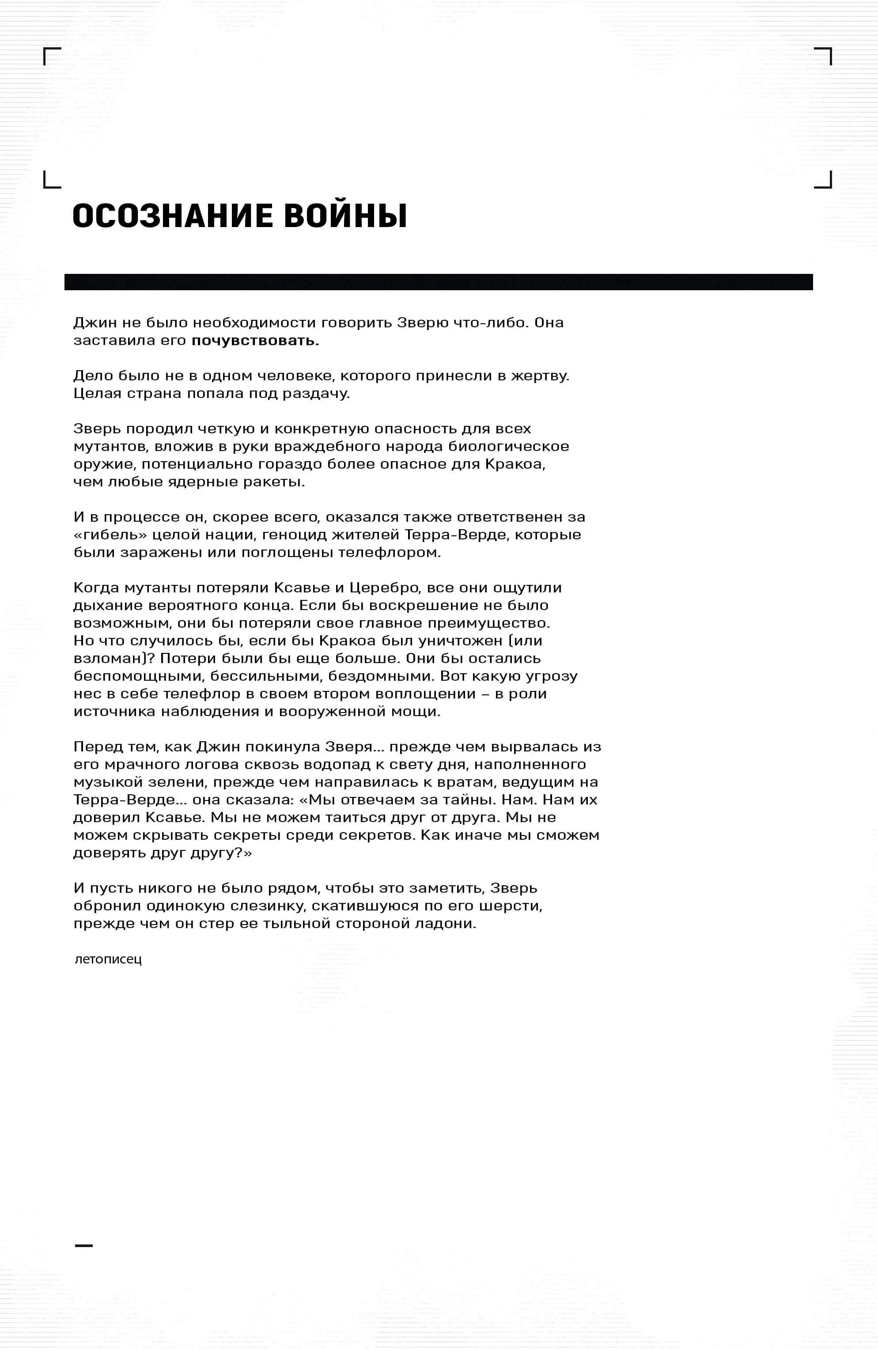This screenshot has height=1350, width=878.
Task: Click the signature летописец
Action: [108, 959]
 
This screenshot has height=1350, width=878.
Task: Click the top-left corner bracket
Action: [51, 56]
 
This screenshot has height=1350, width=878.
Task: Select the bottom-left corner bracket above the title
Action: [51, 180]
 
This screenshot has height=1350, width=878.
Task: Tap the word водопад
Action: [337, 764]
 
